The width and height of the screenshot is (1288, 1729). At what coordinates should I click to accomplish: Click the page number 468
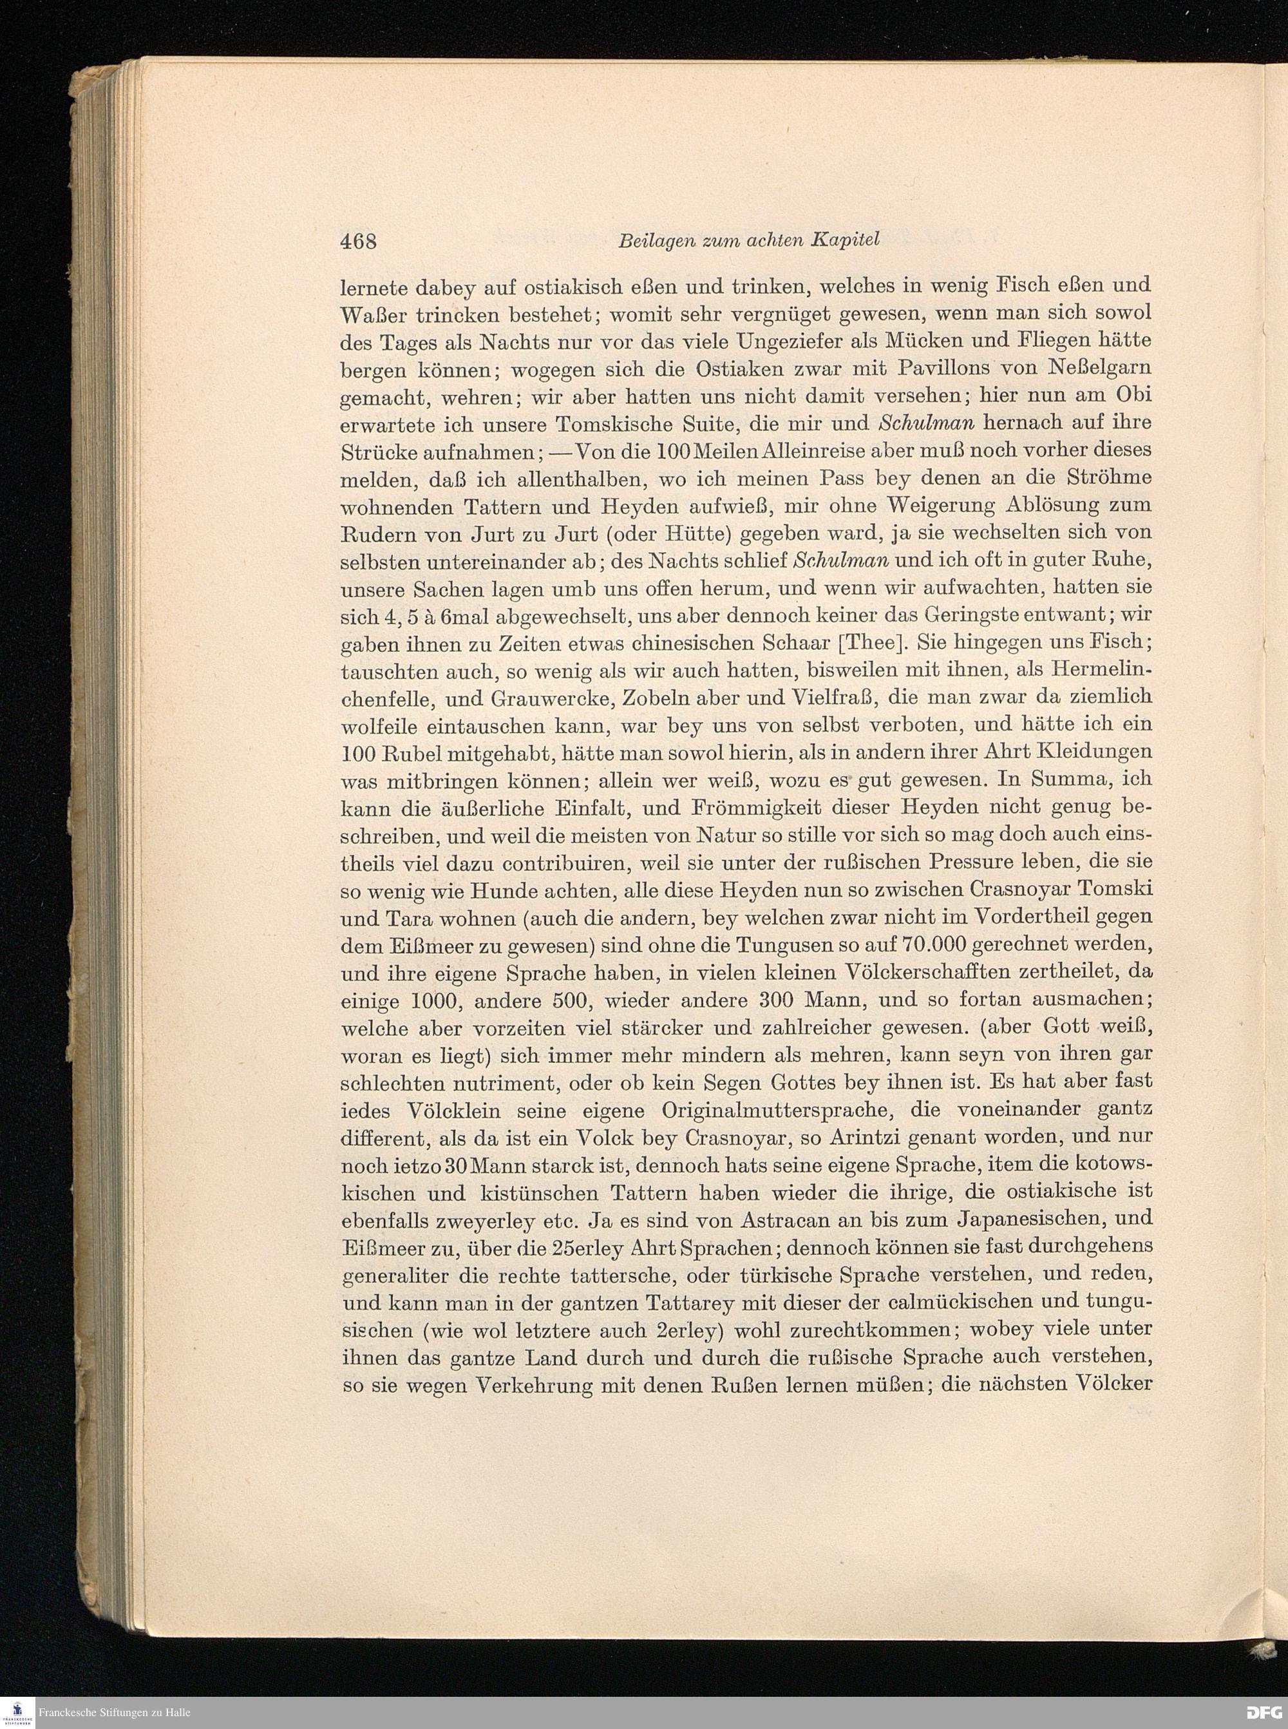coord(359,241)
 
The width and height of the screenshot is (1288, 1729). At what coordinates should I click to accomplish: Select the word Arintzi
coord(819,1137)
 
